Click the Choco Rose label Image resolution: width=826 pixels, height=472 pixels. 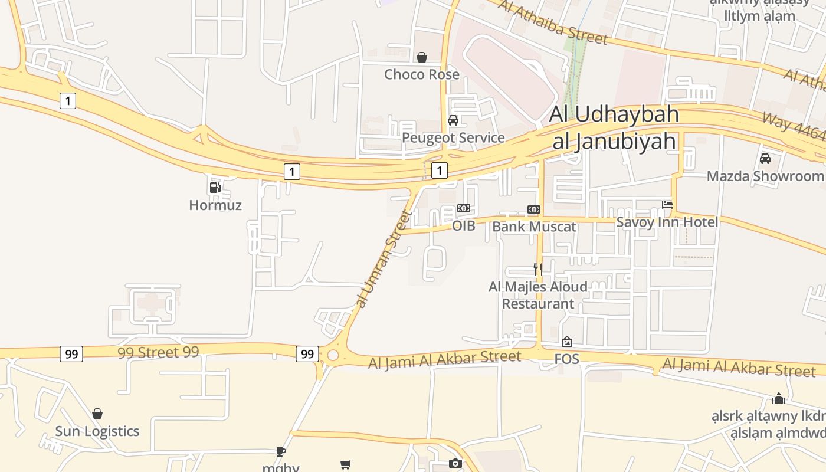point(421,74)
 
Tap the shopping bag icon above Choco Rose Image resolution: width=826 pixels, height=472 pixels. point(422,57)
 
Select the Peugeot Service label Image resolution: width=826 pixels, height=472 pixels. point(453,137)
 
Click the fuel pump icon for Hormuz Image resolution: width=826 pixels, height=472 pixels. point(215,188)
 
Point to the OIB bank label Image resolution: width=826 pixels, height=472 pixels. point(463,225)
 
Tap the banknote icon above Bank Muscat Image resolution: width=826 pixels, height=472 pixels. point(533,209)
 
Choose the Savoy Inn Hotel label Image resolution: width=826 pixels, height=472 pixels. point(667,222)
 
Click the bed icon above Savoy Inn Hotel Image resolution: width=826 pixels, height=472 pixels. point(667,204)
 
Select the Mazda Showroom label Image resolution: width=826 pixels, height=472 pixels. point(765,176)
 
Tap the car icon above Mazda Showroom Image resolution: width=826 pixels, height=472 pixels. point(765,158)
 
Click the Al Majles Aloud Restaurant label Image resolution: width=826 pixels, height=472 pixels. point(537,295)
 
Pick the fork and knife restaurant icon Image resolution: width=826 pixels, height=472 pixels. point(537,269)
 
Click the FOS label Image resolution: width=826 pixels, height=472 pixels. point(566,359)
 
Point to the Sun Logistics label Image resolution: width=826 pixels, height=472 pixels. point(97,431)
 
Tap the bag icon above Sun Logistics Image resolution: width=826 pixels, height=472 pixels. point(97,414)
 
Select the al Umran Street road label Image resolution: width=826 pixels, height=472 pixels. point(383,260)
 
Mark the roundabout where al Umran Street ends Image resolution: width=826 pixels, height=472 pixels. point(333,355)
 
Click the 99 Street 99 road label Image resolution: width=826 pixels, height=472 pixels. point(158,352)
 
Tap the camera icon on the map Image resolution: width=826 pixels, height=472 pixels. point(455,463)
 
